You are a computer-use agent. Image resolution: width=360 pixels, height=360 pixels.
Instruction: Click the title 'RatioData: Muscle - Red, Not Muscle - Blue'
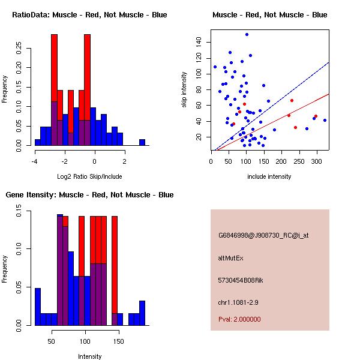[x=89, y=14]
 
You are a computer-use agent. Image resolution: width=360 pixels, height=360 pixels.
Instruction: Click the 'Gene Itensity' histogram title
[x=89, y=195]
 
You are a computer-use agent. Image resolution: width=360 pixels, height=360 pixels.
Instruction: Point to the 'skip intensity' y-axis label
[x=185, y=90]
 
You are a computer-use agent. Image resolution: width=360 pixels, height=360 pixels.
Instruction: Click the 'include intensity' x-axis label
[x=269, y=176]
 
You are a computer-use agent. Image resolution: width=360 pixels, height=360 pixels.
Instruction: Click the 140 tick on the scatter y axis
[x=198, y=42]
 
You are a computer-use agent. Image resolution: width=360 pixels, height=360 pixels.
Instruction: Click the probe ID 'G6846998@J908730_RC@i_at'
[x=263, y=236]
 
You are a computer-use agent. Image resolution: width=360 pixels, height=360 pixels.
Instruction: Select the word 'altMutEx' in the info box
[x=231, y=258]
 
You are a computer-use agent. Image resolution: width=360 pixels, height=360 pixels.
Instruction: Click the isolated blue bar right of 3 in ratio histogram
[x=142, y=142]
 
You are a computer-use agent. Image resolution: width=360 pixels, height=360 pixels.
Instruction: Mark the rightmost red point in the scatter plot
[x=316, y=116]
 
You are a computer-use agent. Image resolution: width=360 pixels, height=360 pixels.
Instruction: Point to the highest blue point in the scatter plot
[x=247, y=34]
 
